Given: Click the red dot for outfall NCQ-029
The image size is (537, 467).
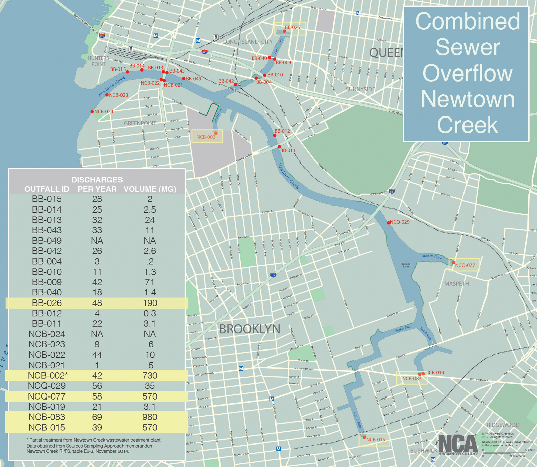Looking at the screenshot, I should (389, 223).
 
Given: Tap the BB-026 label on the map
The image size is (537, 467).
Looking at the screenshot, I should (292, 27).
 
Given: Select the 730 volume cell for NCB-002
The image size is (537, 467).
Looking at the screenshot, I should (150, 375).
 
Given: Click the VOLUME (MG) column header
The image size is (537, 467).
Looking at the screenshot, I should (150, 189).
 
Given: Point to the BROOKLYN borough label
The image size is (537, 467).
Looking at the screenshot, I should (249, 329).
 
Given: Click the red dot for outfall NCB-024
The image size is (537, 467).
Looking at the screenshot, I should (92, 112).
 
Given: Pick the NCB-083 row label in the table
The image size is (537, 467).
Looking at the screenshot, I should (47, 417).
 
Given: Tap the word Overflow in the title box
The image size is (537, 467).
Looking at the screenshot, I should (468, 73).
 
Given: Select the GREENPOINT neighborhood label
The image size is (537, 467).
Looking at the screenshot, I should (140, 123).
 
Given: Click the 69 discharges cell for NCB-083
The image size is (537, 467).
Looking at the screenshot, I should (97, 417).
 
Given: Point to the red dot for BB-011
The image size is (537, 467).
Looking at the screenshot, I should (279, 147).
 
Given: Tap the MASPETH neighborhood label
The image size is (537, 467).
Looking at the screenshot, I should (456, 284).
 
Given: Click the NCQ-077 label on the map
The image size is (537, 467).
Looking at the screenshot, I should (465, 265).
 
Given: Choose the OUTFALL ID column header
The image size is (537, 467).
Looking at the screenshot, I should (47, 189).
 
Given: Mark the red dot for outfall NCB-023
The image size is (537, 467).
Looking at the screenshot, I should (107, 95).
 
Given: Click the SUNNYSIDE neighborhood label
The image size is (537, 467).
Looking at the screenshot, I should (360, 89).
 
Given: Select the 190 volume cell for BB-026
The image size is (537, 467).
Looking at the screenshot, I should (150, 303).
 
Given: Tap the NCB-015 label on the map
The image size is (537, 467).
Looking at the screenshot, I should (376, 440).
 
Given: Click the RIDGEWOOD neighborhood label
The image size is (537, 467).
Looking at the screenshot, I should (503, 425).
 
